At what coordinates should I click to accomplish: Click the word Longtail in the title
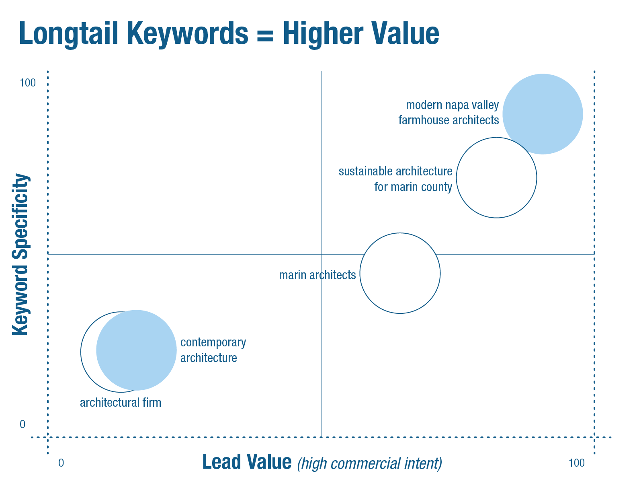click(69, 34)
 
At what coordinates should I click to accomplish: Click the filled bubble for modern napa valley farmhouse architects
click(543, 114)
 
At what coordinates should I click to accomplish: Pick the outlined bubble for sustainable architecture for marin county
click(457, 178)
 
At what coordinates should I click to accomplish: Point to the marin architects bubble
click(360, 273)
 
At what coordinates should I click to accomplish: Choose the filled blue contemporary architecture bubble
click(136, 350)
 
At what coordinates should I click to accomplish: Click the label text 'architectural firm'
click(121, 403)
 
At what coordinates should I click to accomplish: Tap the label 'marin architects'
click(317, 275)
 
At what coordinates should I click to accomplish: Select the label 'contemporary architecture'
click(213, 350)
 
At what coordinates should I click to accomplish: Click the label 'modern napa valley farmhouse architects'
click(449, 113)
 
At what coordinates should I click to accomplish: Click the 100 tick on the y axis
click(28, 83)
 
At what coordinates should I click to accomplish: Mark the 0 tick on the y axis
click(23, 424)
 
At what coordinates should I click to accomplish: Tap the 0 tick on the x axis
click(61, 463)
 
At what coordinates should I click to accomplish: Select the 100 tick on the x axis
click(577, 463)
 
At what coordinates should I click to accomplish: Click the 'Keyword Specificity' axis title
click(20, 254)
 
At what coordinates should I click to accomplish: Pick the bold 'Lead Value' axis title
click(247, 462)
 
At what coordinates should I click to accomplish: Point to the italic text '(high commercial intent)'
click(370, 463)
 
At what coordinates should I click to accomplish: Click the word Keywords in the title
click(188, 34)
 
